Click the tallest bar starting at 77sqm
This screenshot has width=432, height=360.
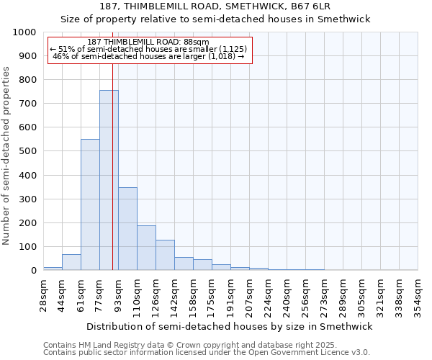pos(109,180)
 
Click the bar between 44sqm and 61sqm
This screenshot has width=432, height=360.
pos(71,262)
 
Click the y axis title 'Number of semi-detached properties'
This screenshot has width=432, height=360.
pos(6,156)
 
